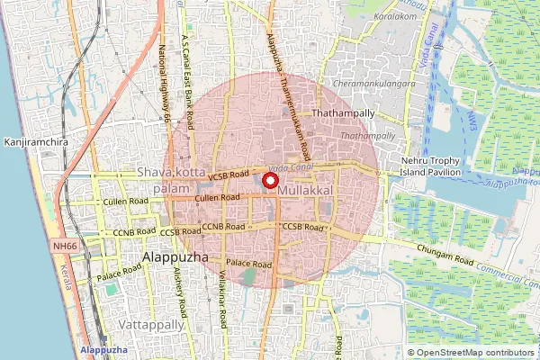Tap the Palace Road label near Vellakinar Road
[x=249, y=264]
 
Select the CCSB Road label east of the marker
[x=301, y=228]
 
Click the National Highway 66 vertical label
[x=165, y=85]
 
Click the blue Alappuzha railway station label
[x=103, y=349]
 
